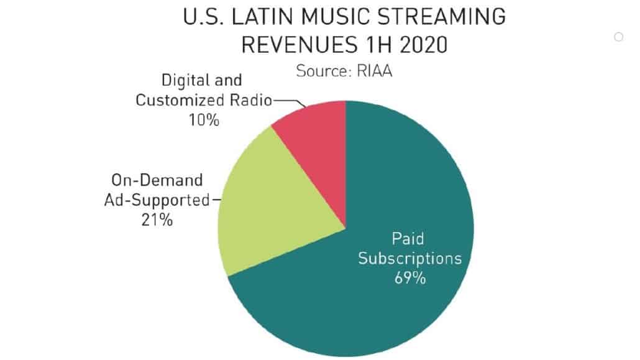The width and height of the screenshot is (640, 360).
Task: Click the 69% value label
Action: click(410, 277)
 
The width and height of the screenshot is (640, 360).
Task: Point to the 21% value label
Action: click(157, 219)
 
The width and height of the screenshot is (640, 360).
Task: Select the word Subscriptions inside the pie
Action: click(410, 257)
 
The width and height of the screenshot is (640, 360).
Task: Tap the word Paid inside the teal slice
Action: click(409, 238)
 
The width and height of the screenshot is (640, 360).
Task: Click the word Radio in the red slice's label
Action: click(250, 100)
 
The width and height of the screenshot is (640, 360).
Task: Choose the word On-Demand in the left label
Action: click(158, 180)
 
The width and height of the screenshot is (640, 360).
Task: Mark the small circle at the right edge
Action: click(618, 37)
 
